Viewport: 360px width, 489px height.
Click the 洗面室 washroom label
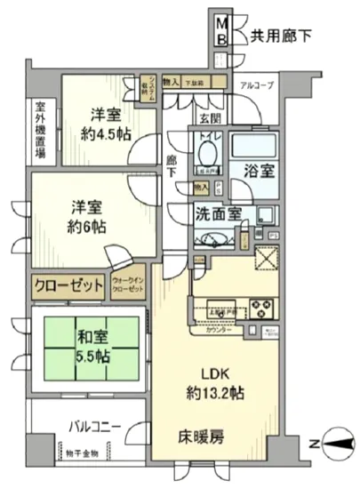pyautogui.click(x=220, y=213)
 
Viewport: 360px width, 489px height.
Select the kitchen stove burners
pyautogui.click(x=265, y=309)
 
